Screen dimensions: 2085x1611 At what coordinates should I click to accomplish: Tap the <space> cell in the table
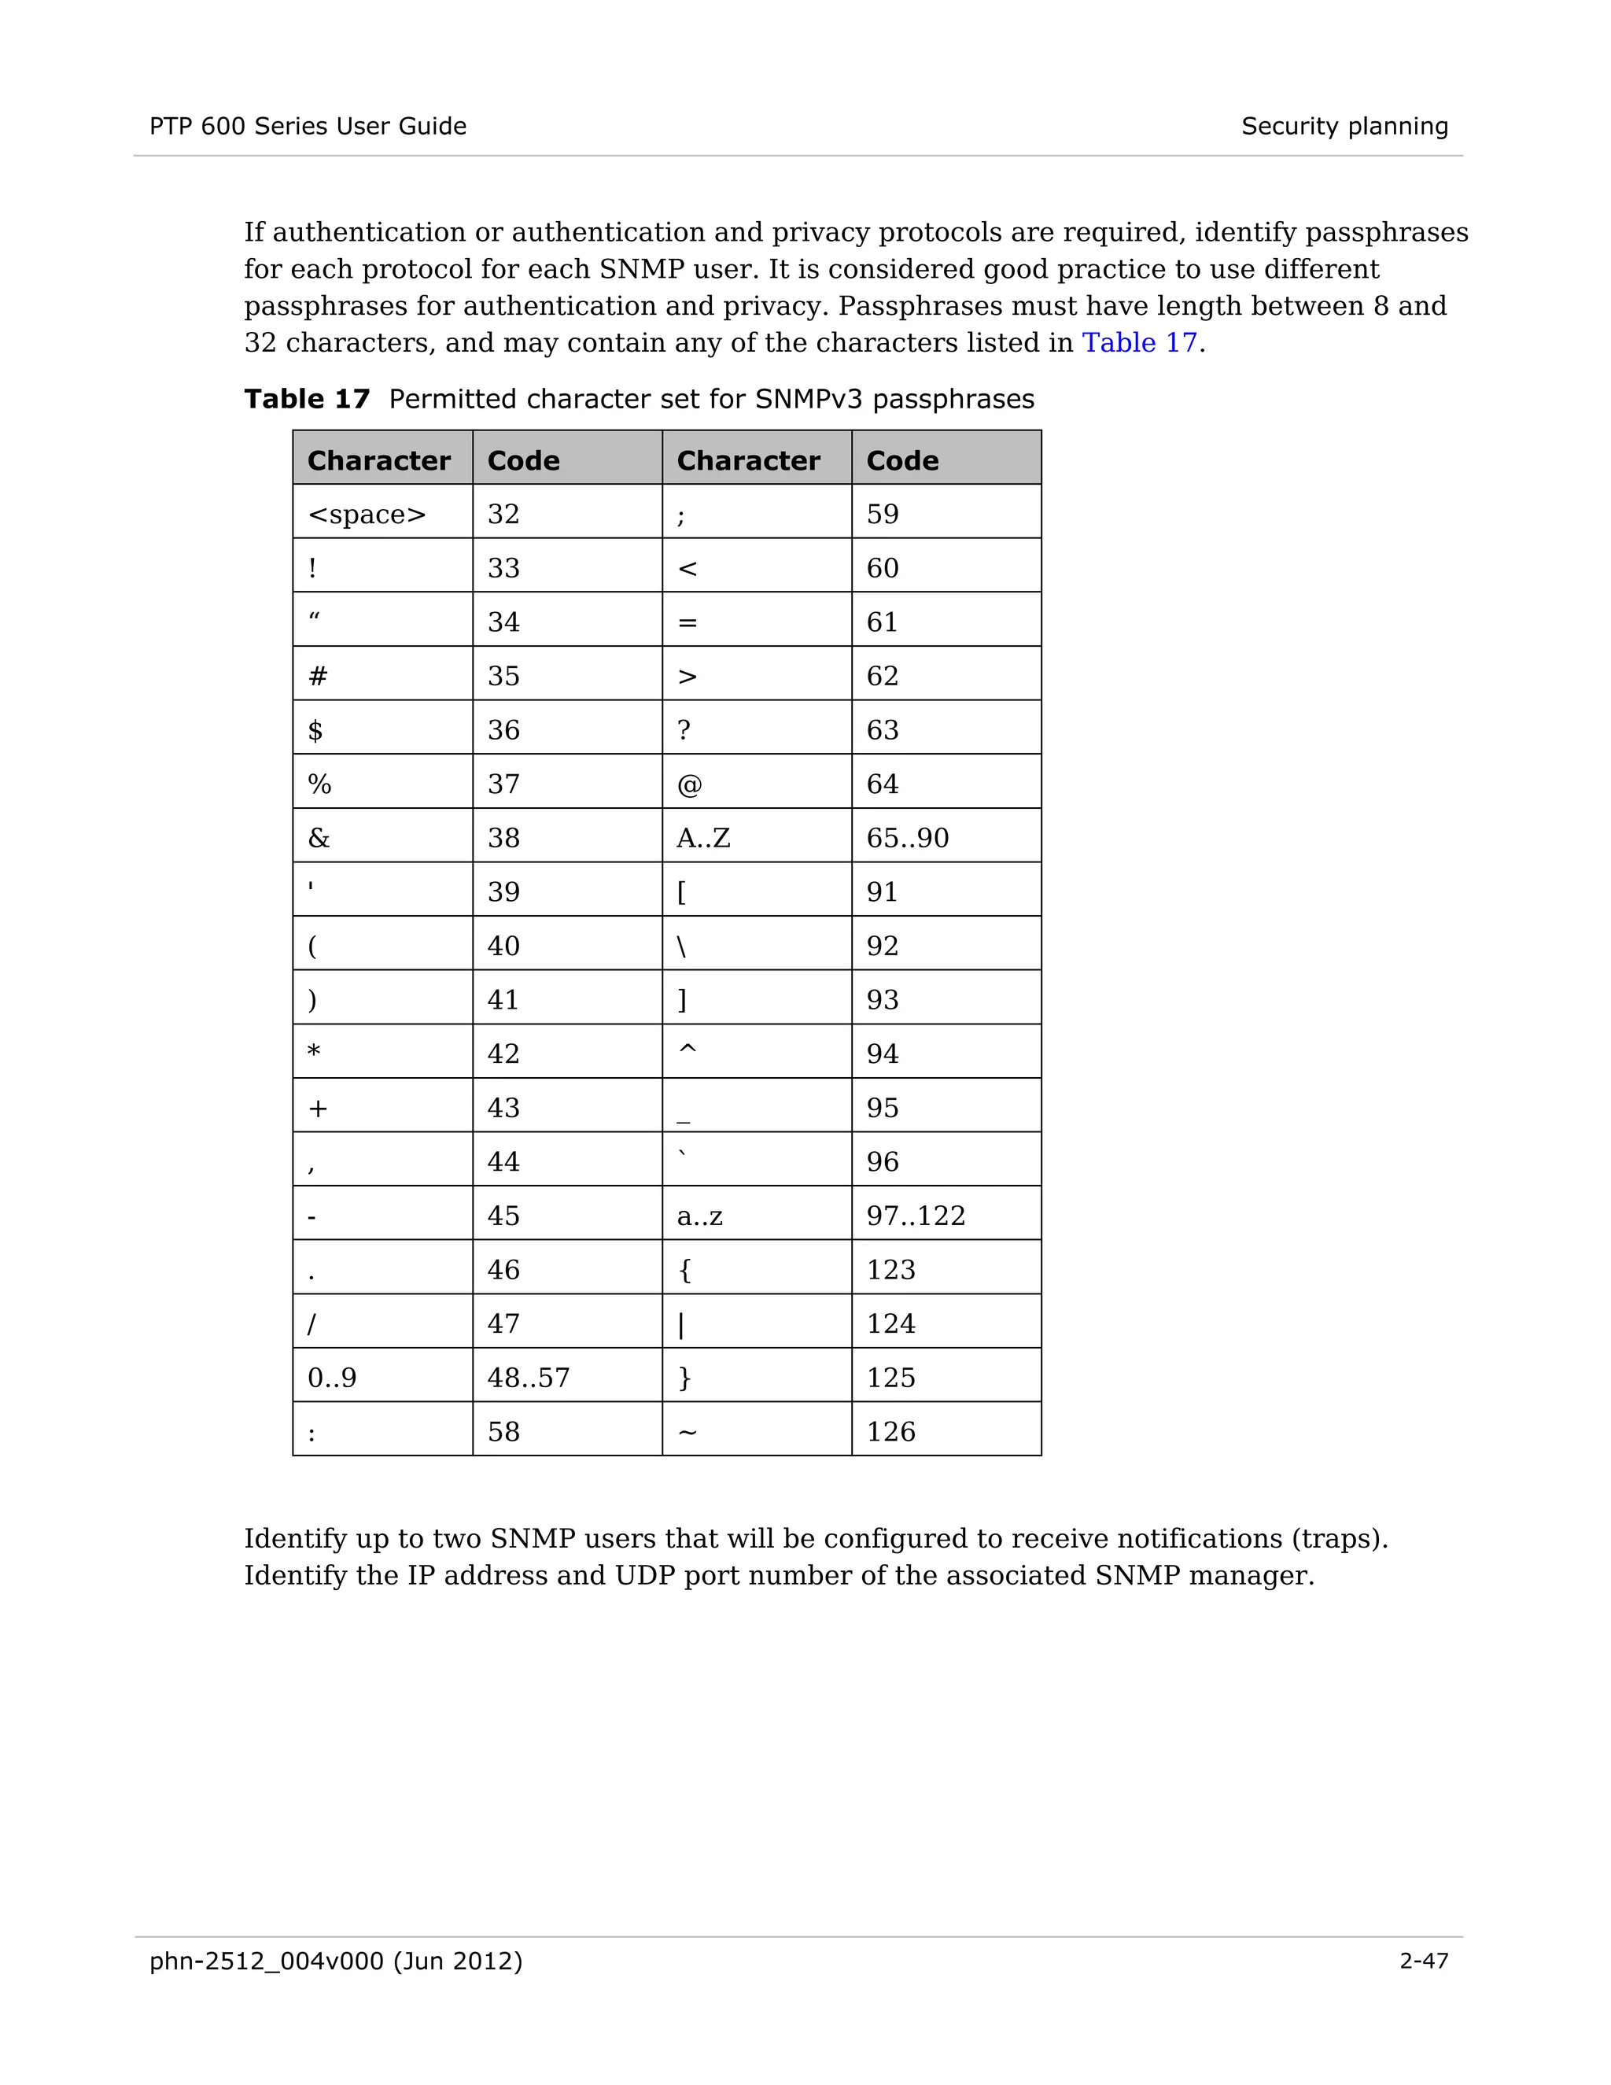(367, 515)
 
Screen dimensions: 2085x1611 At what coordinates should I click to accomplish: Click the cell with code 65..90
(907, 838)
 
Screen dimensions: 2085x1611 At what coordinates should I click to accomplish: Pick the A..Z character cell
(703, 838)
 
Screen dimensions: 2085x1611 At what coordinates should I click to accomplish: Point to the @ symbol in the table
(689, 784)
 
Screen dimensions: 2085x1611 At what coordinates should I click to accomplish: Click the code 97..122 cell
(916, 1216)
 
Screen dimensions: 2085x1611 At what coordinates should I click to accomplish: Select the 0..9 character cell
(332, 1378)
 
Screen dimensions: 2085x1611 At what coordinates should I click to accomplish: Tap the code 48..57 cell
(528, 1378)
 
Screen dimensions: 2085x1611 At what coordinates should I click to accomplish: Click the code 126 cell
(890, 1432)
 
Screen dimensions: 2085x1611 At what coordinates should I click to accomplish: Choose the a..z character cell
(699, 1216)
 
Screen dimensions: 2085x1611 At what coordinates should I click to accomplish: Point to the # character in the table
(318, 677)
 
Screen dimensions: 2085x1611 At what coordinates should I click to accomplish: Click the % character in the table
(319, 784)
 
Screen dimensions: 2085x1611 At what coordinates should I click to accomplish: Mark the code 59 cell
(882, 515)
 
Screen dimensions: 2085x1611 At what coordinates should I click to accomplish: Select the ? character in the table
(684, 730)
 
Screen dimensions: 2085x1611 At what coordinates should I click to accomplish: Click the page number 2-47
(1423, 1961)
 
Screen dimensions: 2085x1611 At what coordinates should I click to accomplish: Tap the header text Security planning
(1344, 126)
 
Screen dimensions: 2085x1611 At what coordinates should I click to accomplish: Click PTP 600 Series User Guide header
(308, 126)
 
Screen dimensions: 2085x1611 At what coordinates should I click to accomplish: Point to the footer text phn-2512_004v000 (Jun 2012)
(336, 1961)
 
